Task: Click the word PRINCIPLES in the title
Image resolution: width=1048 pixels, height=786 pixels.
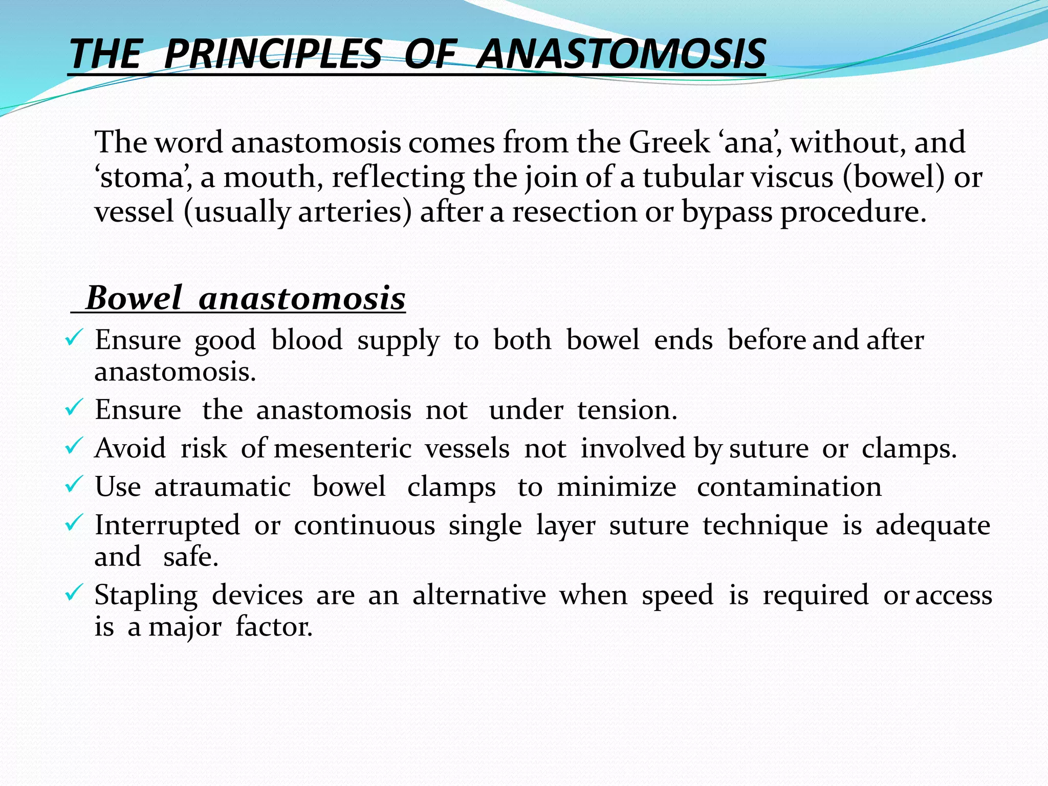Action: (x=273, y=54)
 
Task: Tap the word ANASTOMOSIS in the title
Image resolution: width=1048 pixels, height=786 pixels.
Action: (x=621, y=54)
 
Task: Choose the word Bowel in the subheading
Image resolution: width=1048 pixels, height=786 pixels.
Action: (x=134, y=298)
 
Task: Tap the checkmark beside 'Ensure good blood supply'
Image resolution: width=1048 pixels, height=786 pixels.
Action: (x=74, y=338)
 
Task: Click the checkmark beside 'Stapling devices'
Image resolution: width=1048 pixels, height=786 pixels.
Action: (x=74, y=594)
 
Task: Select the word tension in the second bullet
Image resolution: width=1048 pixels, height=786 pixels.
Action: (x=627, y=410)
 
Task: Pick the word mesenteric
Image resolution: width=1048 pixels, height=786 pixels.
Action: (x=342, y=448)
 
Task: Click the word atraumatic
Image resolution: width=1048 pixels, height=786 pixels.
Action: (x=223, y=487)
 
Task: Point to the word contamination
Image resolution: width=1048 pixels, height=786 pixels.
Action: (x=789, y=487)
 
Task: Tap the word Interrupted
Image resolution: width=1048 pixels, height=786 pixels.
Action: (x=167, y=526)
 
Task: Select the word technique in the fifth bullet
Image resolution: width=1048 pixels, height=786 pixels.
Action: (x=765, y=526)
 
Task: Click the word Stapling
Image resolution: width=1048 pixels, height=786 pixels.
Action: (x=146, y=596)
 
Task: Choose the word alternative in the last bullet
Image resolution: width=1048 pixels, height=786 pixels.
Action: (x=479, y=595)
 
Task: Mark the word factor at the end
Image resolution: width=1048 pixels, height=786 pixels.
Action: (x=274, y=627)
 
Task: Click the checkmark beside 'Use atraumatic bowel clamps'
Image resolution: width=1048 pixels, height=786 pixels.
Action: (x=74, y=485)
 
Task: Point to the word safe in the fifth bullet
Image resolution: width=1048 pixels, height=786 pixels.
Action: (x=190, y=557)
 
